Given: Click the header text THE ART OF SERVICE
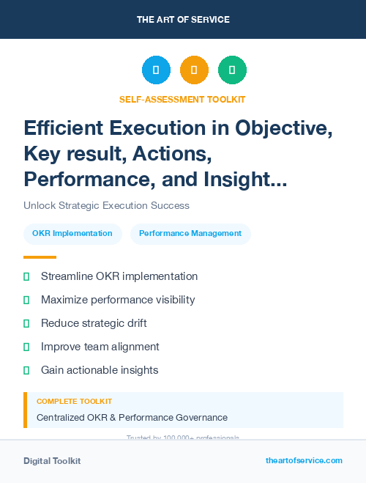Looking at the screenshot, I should click(183, 20).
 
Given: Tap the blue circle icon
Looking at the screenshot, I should click(156, 70).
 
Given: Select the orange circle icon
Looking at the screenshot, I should click(194, 70).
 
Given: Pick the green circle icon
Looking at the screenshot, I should click(232, 70).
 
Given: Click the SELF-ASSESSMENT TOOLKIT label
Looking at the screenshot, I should click(182, 99).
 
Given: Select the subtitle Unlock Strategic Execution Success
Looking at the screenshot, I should click(106, 206).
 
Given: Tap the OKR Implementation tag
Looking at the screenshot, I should click(72, 234).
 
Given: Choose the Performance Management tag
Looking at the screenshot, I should click(190, 234).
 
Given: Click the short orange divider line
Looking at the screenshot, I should click(40, 257).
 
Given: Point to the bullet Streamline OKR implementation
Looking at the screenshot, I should click(119, 276).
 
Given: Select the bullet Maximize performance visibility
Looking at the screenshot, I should click(118, 300).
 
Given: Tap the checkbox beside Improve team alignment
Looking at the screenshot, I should click(26, 347).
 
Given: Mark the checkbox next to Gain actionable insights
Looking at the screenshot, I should click(26, 370).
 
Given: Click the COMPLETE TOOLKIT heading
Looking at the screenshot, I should click(74, 402).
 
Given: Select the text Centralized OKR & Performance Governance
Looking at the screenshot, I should click(132, 418).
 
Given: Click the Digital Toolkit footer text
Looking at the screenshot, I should click(52, 461).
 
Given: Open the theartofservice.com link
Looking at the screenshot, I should click(304, 460).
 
